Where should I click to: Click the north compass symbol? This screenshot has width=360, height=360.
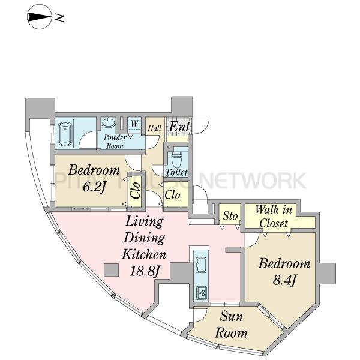pos(40,17)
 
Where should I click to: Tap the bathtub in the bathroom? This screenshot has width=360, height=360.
pos(65,134)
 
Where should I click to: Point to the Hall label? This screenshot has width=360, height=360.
pos(154,128)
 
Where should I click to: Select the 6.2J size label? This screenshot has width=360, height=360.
pos(94,187)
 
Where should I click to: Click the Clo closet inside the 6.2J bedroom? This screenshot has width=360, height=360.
pos(135,190)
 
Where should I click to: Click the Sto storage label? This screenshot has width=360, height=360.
pos(230,216)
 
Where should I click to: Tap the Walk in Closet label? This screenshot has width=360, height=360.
pos(274,216)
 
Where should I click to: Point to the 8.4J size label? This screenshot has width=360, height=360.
pos(284,280)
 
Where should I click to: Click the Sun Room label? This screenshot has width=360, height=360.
pos(231,325)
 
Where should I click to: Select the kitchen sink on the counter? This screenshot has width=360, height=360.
pos(201,265)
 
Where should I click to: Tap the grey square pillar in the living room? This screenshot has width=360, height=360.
pos(111,270)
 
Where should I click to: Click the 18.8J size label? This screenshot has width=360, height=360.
pos(145,271)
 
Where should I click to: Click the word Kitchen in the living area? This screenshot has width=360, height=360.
pos(144,254)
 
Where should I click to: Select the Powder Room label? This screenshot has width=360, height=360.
pos(115,142)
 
